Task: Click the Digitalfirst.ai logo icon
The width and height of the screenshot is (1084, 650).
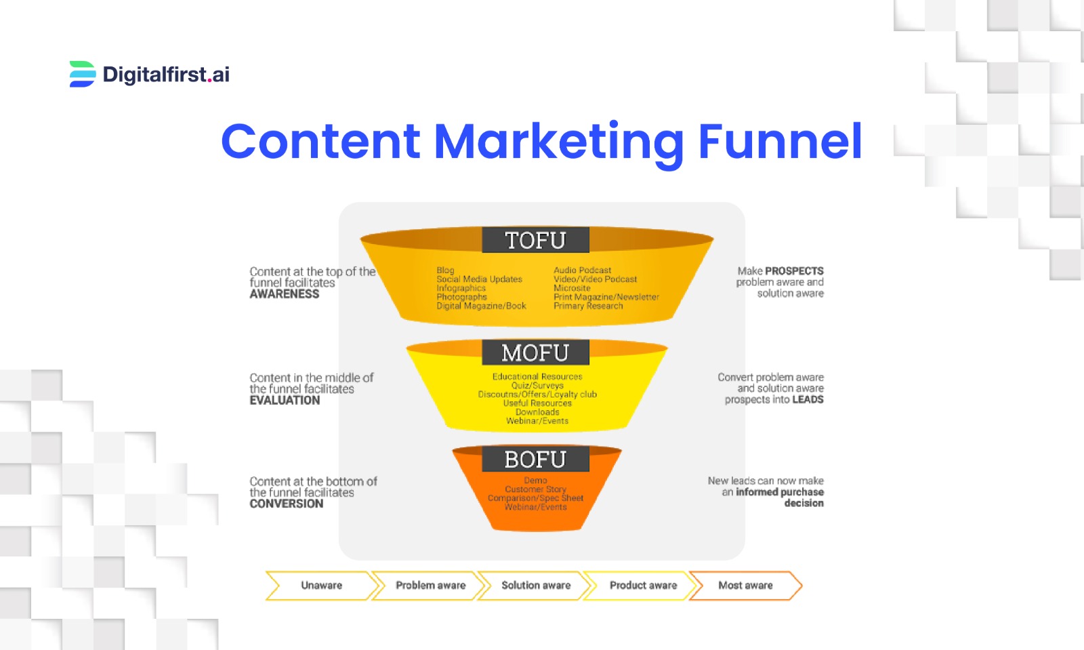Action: (82, 74)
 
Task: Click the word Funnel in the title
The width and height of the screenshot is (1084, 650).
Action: (779, 141)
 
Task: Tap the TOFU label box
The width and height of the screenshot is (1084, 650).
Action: (535, 240)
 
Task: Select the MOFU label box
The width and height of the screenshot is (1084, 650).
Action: (535, 352)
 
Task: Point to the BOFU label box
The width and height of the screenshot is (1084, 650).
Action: (535, 459)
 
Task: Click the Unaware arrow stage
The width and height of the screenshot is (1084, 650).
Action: (321, 586)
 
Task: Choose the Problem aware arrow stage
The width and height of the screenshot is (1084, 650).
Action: (430, 586)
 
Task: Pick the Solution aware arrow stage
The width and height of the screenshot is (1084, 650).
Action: (536, 586)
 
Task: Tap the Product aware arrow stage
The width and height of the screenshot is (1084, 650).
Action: (643, 586)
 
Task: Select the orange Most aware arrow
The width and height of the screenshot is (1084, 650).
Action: (745, 586)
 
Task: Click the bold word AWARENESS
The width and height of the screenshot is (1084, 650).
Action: (285, 294)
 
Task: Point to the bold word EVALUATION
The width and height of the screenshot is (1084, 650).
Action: (285, 401)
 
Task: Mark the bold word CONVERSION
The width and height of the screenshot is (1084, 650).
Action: (287, 504)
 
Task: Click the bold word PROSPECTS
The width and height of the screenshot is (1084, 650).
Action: (794, 271)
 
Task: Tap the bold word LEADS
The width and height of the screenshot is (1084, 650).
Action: (808, 400)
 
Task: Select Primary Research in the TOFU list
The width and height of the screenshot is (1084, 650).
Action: (588, 306)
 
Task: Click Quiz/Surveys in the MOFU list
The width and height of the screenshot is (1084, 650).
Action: (537, 386)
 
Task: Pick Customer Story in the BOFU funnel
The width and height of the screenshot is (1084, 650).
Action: (535, 489)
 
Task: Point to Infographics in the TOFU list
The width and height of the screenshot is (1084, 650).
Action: (461, 288)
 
